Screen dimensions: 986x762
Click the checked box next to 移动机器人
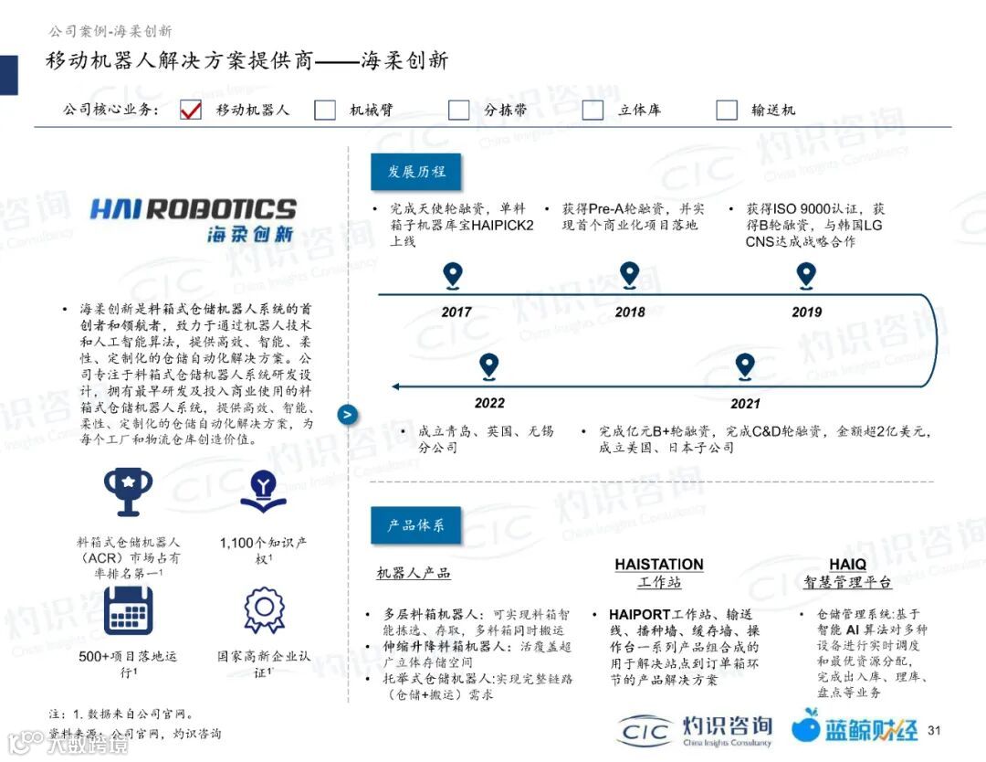pos(191,110)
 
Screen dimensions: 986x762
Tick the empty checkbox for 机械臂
pos(325,110)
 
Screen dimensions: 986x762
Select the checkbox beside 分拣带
pos(459,110)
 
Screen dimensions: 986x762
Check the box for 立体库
pos(593,110)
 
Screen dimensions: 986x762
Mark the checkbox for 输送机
pos(727,110)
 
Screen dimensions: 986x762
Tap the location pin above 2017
pos(452,275)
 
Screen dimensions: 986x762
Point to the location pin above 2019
pos(805,275)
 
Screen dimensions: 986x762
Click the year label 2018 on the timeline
pos(630,312)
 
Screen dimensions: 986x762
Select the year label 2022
pos(489,403)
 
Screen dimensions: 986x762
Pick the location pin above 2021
pos(745,366)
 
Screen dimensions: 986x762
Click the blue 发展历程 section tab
pos(414,172)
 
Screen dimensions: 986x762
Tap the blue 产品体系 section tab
pos(415,525)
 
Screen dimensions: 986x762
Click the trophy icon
pos(128,492)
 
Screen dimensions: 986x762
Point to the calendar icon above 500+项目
pos(128,610)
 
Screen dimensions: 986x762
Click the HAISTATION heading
pos(659,565)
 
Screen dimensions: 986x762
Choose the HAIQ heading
pos(847,565)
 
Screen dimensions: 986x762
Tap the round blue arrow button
pos(348,414)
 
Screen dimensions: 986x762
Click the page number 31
pos(933,730)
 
